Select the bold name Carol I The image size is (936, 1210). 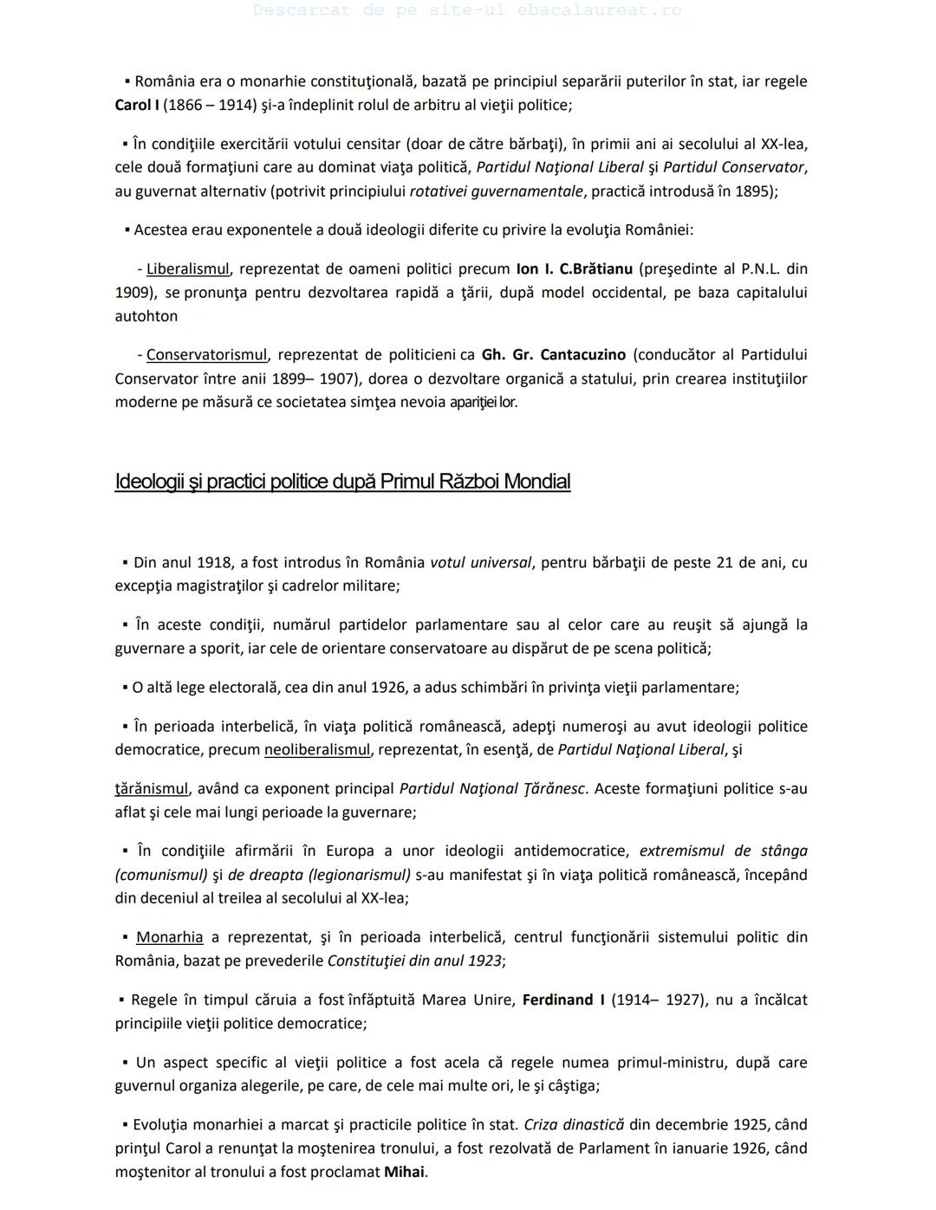click(136, 105)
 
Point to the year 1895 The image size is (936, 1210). click(754, 191)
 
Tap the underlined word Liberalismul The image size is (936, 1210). click(187, 269)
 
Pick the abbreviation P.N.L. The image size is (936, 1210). click(760, 269)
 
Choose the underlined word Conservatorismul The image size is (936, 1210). click(206, 354)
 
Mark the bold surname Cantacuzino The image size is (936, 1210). click(582, 354)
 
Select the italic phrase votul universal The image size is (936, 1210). click(480, 562)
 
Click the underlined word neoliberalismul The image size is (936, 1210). click(317, 749)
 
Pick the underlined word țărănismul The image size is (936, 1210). click(152, 788)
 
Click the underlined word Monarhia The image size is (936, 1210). click(169, 936)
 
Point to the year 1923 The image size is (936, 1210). click(484, 960)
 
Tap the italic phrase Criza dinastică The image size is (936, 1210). click(574, 1124)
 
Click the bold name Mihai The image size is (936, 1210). click(404, 1172)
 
